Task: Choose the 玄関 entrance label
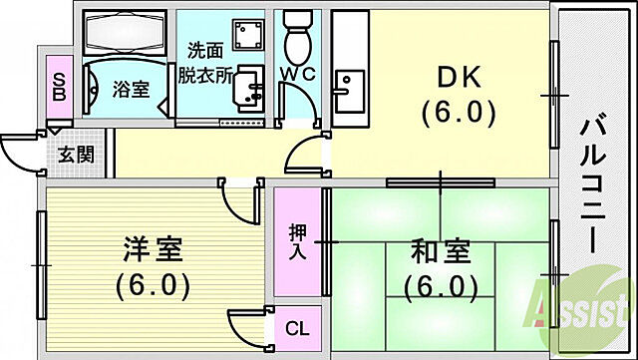[x=76, y=155]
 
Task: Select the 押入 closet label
[x=297, y=242]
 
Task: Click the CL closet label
[x=296, y=326]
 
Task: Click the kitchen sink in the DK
[x=349, y=92]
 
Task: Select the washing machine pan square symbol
[x=242, y=38]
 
